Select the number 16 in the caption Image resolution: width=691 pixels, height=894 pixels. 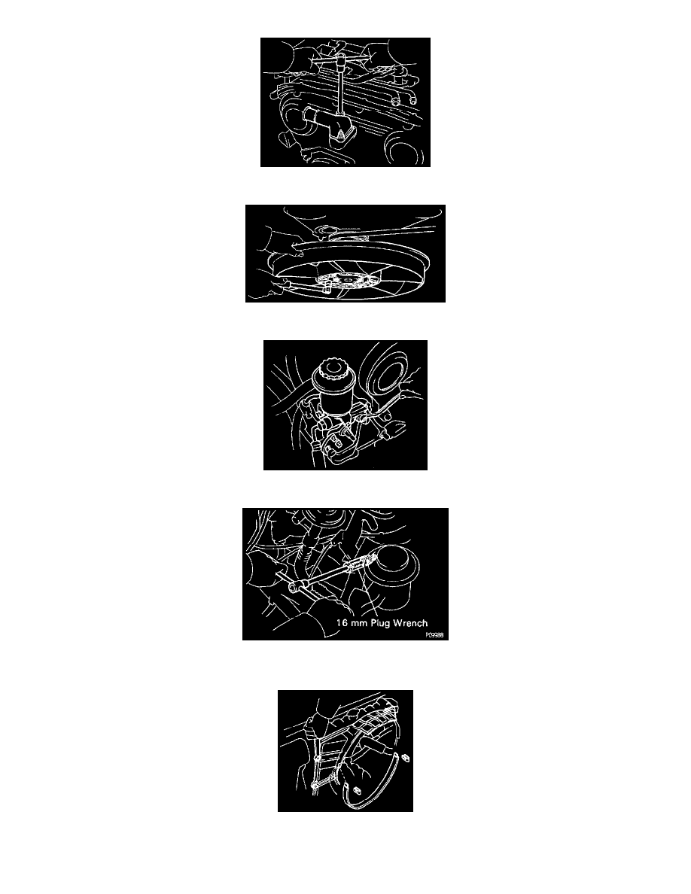(342, 622)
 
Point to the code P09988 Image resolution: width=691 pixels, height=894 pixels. (434, 635)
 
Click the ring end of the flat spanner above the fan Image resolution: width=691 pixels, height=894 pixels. (325, 232)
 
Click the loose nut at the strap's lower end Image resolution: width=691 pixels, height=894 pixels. (356, 789)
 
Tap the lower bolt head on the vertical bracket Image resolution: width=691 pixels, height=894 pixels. (316, 787)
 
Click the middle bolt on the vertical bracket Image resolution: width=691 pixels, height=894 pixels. (317, 759)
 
